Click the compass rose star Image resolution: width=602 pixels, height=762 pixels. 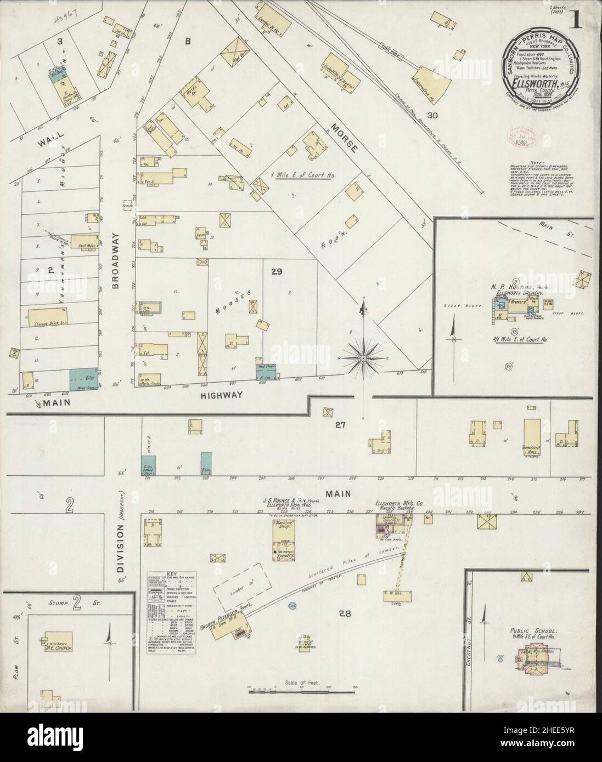pyautogui.click(x=363, y=358)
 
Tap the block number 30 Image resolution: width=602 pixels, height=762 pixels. pyautogui.click(x=433, y=115)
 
